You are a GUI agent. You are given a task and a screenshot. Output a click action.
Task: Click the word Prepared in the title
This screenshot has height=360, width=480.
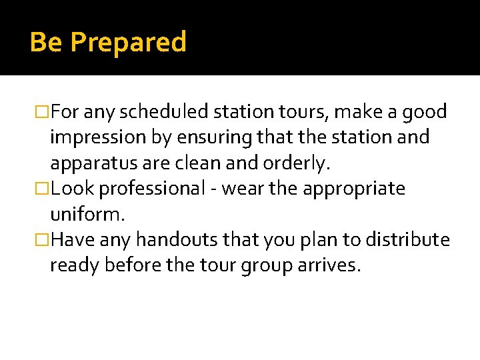[x=128, y=43]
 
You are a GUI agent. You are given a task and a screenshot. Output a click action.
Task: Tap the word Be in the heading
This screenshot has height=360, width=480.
[x=46, y=42]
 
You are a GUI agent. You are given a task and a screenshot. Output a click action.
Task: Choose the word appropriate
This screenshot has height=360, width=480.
[x=354, y=189]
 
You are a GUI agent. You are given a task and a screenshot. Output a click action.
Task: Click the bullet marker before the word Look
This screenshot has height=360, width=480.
[x=43, y=189]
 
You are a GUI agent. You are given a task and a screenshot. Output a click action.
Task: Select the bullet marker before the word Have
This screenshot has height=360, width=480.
[x=43, y=239]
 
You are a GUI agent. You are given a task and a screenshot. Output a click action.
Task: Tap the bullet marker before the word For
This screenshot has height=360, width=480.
[x=43, y=111]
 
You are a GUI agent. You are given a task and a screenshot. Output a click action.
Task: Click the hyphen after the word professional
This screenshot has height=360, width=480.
[x=213, y=189]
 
